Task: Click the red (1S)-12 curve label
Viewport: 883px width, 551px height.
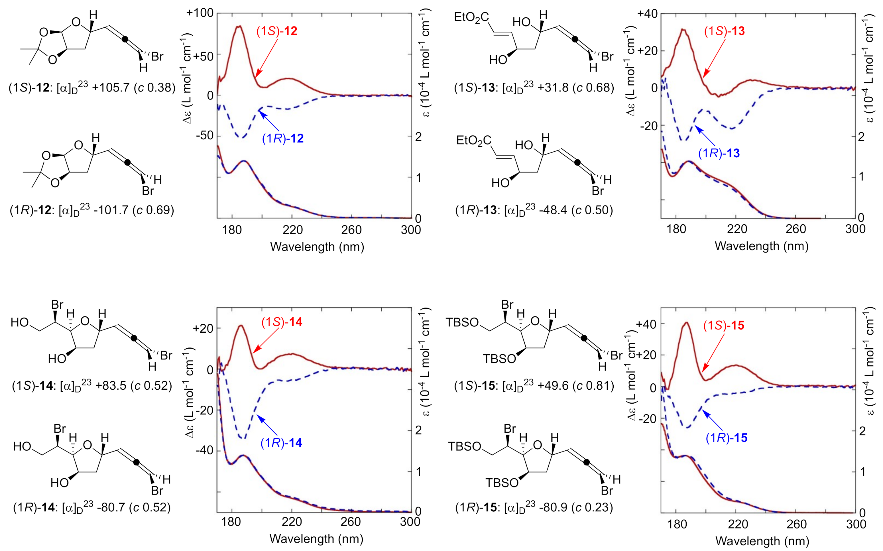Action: click(277, 31)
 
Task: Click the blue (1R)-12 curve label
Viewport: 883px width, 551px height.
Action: click(283, 139)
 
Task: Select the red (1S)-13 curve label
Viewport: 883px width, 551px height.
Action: click(724, 31)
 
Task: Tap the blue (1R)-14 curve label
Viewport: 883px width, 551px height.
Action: click(281, 443)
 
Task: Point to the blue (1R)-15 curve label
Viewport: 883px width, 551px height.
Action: click(726, 438)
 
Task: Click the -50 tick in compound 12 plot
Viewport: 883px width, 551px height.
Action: click(204, 136)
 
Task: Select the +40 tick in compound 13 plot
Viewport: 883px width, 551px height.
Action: click(647, 14)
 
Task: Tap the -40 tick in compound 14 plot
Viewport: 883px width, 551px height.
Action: click(204, 451)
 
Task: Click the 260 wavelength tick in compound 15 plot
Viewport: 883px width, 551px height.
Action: click(796, 524)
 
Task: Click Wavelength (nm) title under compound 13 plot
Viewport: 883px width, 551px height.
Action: click(761, 246)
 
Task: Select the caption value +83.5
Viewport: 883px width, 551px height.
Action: click(111, 386)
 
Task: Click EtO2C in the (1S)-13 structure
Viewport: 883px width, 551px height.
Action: click(471, 17)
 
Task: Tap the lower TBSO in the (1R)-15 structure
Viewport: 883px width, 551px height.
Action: click(502, 483)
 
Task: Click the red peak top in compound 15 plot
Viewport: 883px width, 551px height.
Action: click(686, 322)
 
